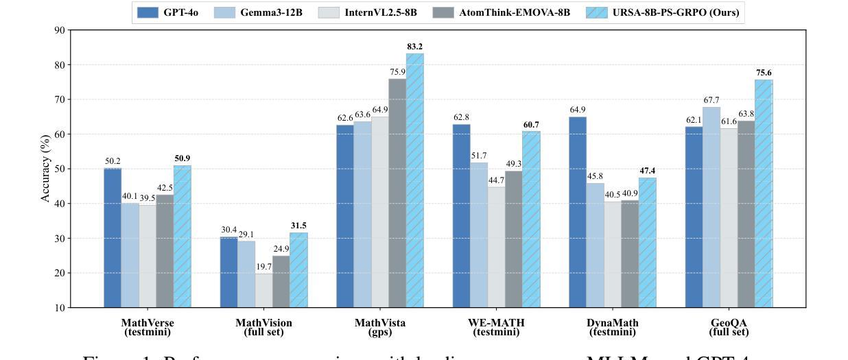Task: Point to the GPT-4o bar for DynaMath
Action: coord(578,212)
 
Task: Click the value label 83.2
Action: coord(415,47)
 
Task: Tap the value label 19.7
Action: coord(263,267)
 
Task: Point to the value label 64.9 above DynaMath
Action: coord(578,110)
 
